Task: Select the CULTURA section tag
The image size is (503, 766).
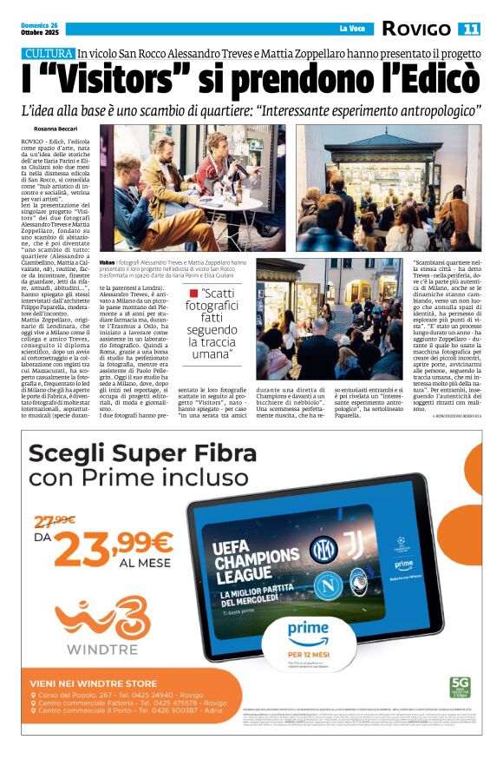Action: point(48,54)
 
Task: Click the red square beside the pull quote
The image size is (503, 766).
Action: point(193,293)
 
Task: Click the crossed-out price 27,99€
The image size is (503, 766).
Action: point(55,520)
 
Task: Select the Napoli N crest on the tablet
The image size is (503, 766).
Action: point(327,586)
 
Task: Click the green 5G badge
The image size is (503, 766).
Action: point(459,686)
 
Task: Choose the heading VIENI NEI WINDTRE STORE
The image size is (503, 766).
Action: point(93,683)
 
